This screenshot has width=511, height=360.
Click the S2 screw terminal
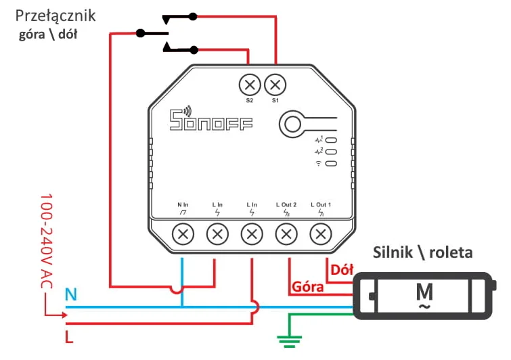click(x=250, y=85)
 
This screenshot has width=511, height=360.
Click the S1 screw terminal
click(x=275, y=85)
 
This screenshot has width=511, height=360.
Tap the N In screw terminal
click(x=183, y=235)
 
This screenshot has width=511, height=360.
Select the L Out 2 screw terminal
click(x=286, y=235)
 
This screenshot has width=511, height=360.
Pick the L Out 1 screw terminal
click(x=320, y=235)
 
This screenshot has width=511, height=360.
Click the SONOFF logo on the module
click(x=210, y=121)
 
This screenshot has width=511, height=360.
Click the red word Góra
click(x=307, y=286)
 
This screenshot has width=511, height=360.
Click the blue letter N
click(x=70, y=294)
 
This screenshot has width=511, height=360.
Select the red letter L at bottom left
click(x=69, y=336)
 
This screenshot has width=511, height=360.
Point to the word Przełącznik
click(x=55, y=16)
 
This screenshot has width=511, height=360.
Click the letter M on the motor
click(x=424, y=292)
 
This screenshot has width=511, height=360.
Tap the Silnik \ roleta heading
click(x=423, y=252)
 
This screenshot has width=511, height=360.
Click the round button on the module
click(x=293, y=124)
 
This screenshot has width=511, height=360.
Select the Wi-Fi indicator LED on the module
click(x=331, y=164)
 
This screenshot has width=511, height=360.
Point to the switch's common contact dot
click(x=141, y=32)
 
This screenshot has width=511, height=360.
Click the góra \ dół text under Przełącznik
click(x=47, y=34)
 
